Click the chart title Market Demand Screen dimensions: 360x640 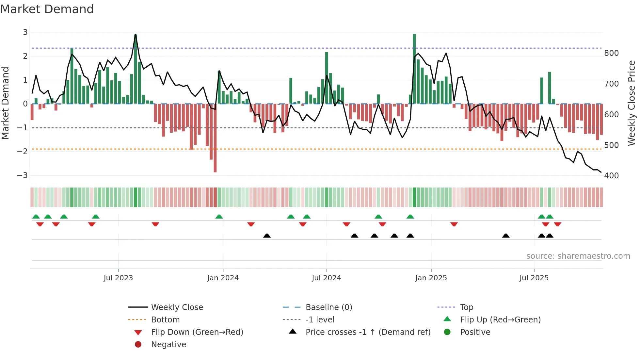pos(47,9)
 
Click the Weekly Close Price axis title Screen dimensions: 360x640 pos(632,103)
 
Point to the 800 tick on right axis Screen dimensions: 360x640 pos(611,53)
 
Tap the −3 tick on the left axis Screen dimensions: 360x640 pos(23,175)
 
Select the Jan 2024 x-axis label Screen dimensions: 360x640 pos(223,278)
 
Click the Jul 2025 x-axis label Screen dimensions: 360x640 pos(534,278)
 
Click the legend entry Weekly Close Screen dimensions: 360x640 pos(177,307)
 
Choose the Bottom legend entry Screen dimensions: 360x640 pos(165,320)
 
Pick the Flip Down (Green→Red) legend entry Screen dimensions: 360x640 pos(197,332)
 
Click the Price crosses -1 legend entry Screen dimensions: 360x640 pos(368,332)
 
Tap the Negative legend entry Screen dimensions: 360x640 pos(168,345)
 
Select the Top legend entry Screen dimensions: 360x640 pos(467,307)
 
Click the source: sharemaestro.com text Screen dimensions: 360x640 pos(578,256)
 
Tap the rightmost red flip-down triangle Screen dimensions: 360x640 pos(557,224)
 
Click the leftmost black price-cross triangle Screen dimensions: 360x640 pos(267,236)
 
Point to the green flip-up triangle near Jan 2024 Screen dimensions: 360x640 pos(219,217)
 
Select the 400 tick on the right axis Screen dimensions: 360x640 pos(611,176)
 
